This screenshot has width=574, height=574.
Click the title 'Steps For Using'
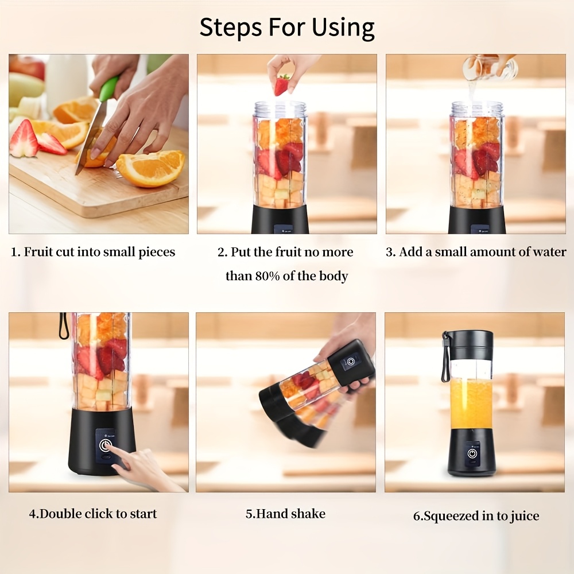point(287,27)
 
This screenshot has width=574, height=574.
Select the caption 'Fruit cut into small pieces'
point(99,252)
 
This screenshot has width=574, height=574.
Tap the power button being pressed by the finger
point(106,445)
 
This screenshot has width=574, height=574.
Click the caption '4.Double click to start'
point(93,514)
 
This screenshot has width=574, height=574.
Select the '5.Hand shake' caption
point(285,514)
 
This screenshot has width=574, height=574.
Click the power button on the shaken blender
point(350,363)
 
